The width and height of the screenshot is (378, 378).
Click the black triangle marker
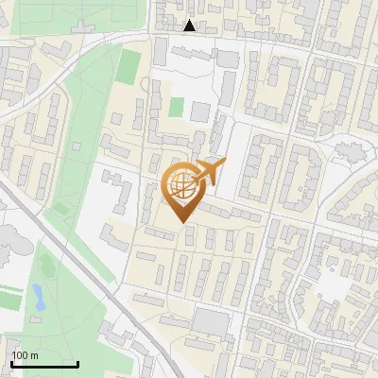click(x=190, y=26)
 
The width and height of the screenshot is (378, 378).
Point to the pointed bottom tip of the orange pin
click(x=181, y=222)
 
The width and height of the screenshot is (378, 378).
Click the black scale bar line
click(x=44, y=364)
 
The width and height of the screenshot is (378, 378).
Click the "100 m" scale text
click(x=25, y=355)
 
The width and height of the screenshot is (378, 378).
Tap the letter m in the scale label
click(x=33, y=355)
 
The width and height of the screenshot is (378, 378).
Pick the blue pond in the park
click(x=39, y=299)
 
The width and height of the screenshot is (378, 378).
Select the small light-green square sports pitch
click(x=176, y=106)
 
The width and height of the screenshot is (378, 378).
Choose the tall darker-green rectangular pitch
click(x=129, y=66)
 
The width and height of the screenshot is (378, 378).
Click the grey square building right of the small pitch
click(x=199, y=112)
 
